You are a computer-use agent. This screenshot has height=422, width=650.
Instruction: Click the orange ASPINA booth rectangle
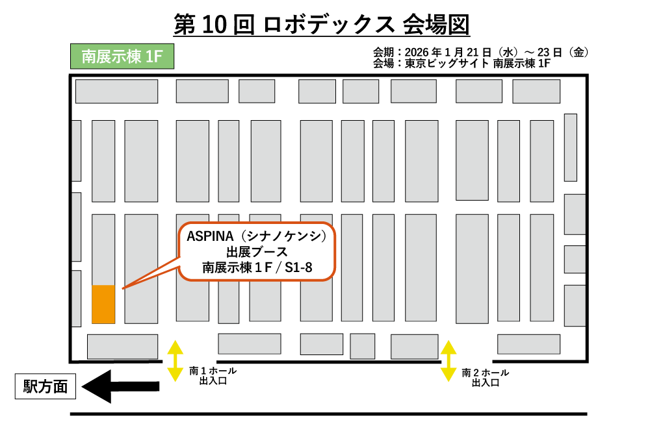coord(103,304)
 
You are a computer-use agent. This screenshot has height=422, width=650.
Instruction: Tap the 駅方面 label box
coord(45,388)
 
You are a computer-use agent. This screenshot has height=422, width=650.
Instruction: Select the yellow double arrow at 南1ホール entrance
coord(175,360)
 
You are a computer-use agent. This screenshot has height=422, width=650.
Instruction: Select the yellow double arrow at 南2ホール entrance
coord(448,360)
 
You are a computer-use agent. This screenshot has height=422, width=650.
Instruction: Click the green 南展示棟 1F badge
coord(122,57)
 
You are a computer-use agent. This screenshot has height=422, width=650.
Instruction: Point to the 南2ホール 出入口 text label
coord(486,378)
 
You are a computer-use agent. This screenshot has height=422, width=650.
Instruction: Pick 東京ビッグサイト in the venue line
coord(447,64)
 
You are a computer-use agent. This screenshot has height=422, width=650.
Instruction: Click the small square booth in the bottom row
coord(363,346)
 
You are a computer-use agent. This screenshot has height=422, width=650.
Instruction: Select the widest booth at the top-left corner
coord(117,91)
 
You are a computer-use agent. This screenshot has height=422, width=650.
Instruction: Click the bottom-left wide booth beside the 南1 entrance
coord(122,346)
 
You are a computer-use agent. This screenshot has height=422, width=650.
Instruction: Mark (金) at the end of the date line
coord(578,53)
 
